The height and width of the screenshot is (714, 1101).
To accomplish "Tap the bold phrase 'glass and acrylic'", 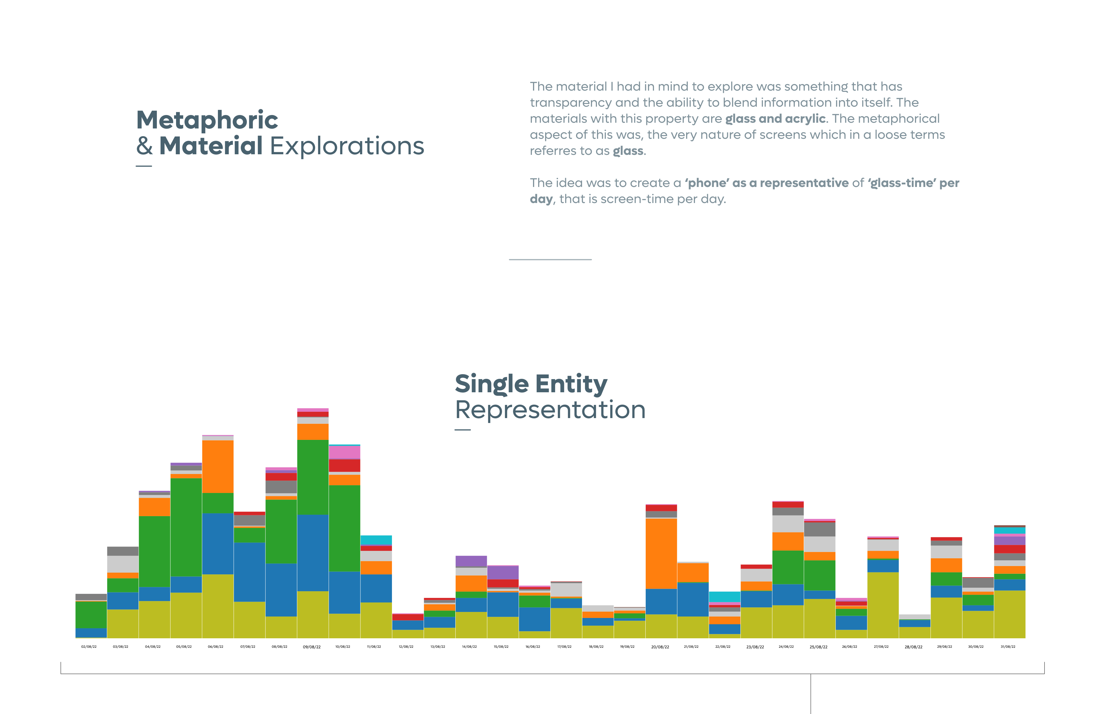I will (x=775, y=119).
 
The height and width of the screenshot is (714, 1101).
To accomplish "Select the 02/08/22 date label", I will (x=89, y=646).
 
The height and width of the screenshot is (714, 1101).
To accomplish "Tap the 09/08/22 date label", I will (x=311, y=647).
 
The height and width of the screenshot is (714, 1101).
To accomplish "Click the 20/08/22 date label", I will (x=660, y=647).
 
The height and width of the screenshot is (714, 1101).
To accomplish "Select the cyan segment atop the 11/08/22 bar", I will (x=376, y=540).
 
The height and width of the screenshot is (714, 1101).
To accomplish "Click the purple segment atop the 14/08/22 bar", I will (x=471, y=561).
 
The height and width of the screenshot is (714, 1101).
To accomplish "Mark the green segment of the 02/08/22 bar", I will (x=91, y=614).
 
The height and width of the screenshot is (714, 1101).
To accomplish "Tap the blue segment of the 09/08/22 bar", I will (x=313, y=553).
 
